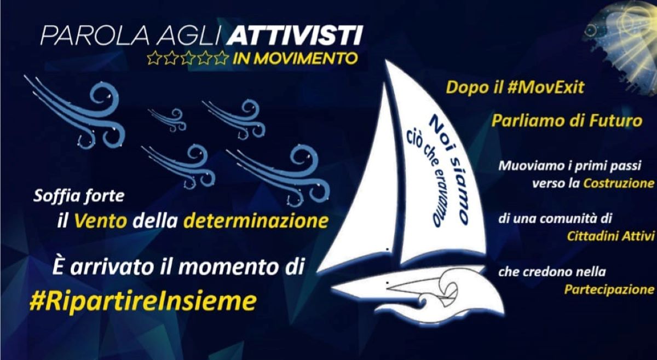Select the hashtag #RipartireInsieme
[x=143, y=301]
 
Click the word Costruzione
[x=619, y=183]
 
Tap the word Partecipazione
[x=609, y=289]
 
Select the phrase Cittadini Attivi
[x=610, y=236]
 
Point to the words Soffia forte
[x=79, y=196]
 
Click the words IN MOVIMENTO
[x=295, y=58]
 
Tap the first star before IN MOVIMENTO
[x=153, y=58]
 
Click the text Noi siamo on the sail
[x=449, y=170]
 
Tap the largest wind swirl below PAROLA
[x=79, y=114]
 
